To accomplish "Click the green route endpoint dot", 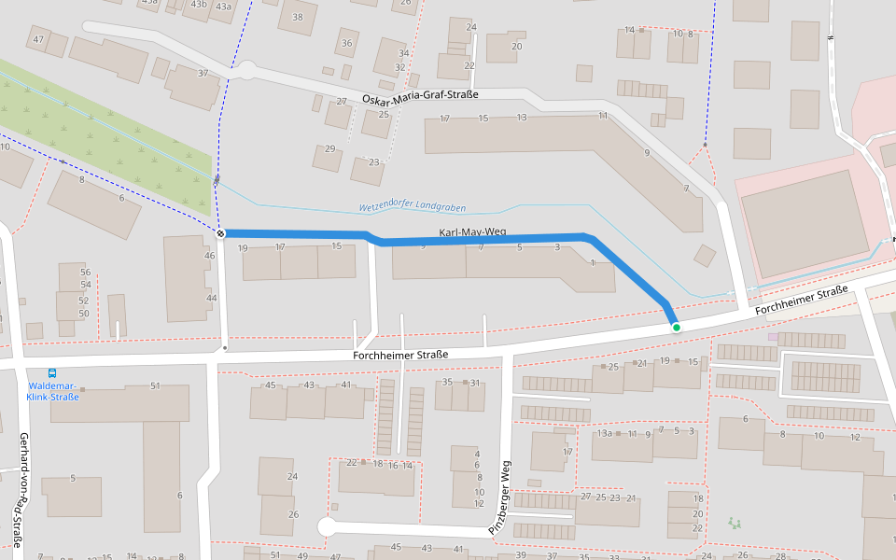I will click(676, 328).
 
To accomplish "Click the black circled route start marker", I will click(220, 232).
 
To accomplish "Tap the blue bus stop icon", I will click(51, 372).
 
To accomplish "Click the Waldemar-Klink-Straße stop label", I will click(53, 391).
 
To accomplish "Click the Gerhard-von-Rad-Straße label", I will click(21, 489).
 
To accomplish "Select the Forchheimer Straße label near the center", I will click(400, 355).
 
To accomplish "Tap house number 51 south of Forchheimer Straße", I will click(155, 385).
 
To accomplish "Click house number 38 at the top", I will click(297, 17).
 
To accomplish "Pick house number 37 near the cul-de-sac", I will click(203, 73).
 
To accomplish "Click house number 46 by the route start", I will click(210, 256).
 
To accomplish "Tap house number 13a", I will click(604, 434).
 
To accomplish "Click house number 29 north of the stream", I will click(329, 149).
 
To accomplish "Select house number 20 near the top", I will click(516, 46).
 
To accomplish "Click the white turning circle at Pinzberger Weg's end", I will click(327, 527).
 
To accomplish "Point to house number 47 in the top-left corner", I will click(38, 39).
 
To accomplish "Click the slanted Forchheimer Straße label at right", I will click(801, 300).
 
